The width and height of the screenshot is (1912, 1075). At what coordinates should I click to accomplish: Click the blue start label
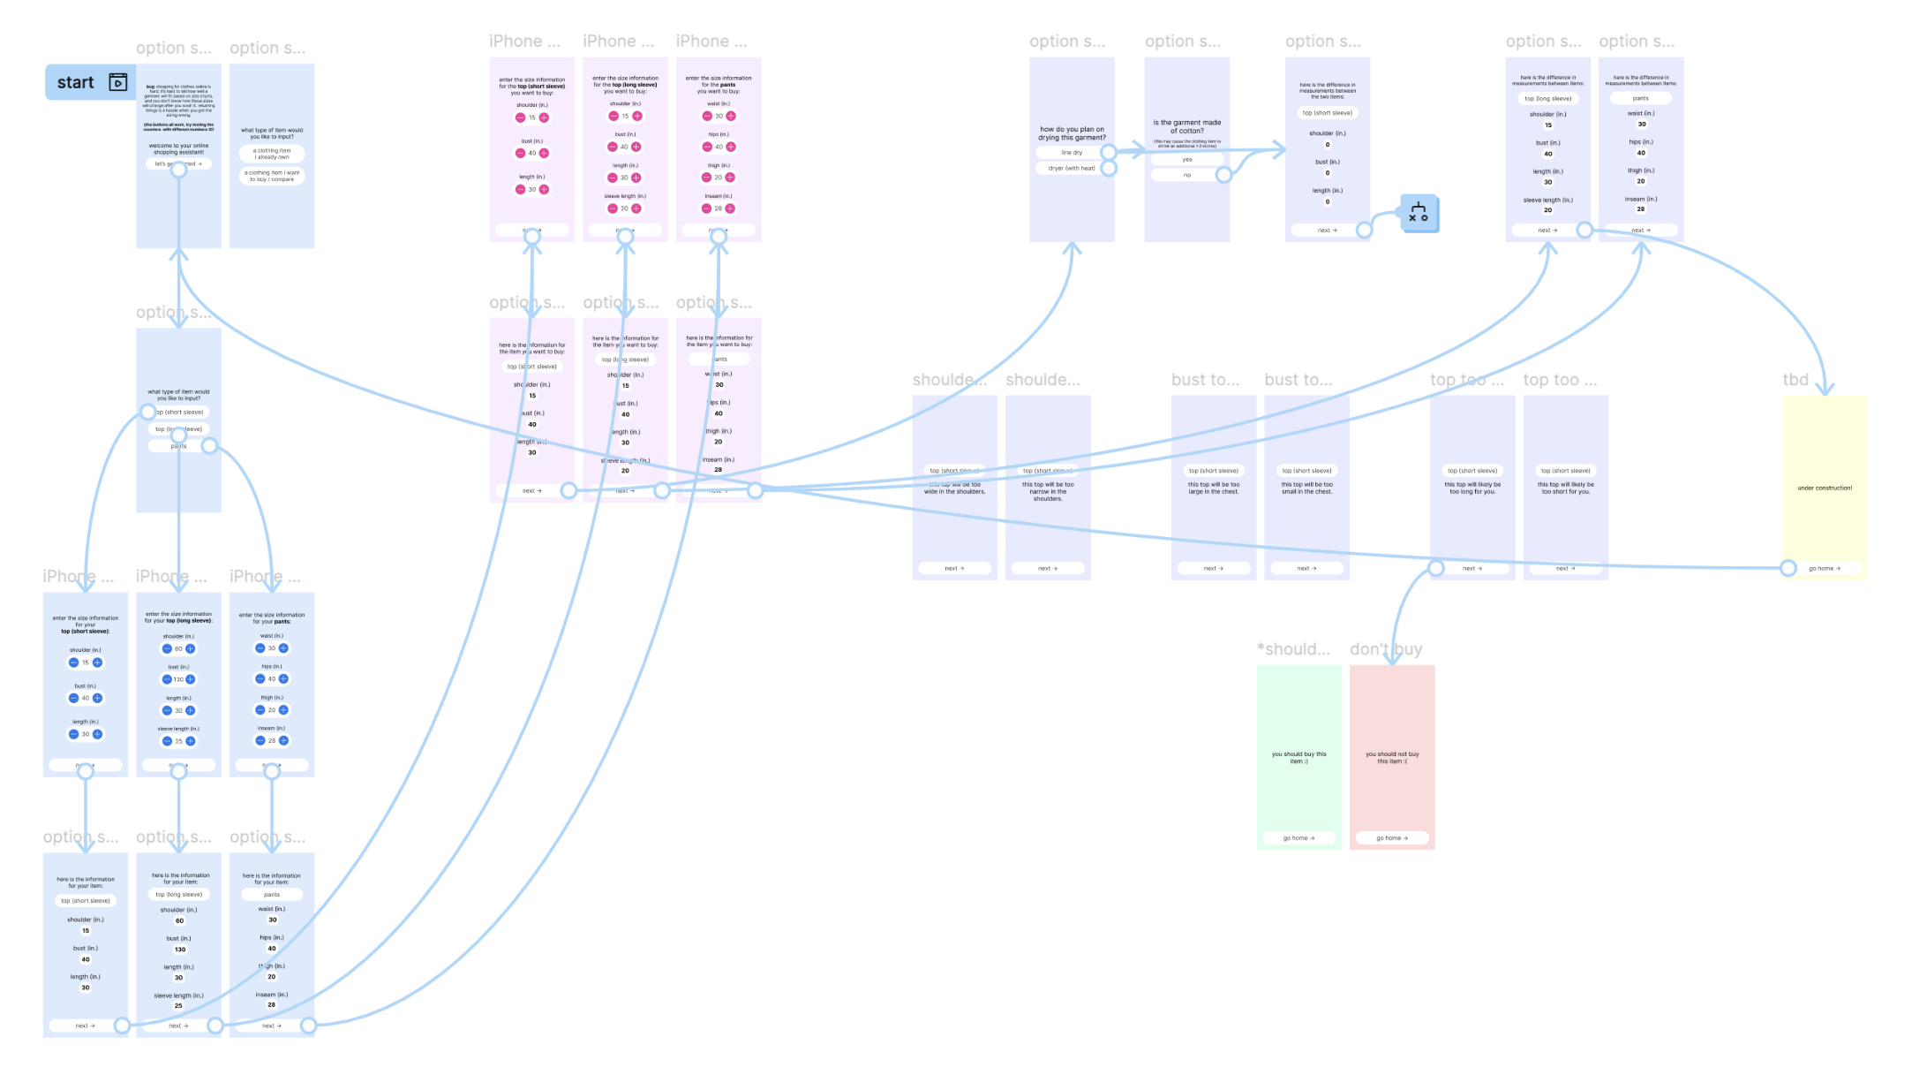coord(76,82)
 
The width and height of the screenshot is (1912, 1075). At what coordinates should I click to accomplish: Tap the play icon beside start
coord(118,82)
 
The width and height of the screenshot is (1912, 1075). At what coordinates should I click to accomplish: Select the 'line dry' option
coord(1071,153)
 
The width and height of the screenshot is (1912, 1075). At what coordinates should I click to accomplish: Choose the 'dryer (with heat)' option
coord(1071,168)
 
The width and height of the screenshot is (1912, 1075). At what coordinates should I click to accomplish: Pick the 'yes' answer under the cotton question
coord(1186,160)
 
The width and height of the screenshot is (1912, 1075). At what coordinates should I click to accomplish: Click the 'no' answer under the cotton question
coord(1186,175)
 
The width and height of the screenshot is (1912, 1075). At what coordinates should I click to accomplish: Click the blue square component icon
coord(1419,214)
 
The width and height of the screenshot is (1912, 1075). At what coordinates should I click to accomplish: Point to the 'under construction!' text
coord(1825,488)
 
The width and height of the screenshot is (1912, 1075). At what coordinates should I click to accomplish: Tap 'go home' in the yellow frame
coord(1824,568)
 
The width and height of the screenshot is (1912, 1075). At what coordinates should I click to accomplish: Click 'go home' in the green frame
coord(1299,837)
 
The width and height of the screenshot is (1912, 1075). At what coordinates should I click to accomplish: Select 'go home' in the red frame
coord(1392,837)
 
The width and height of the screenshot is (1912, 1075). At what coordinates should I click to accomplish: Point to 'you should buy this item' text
coord(1299,757)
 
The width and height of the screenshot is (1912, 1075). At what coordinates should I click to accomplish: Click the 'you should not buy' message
coord(1392,757)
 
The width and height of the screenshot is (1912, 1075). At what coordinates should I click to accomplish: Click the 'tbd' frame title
coord(1795,380)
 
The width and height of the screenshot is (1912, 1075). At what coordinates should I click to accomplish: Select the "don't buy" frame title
coord(1385,649)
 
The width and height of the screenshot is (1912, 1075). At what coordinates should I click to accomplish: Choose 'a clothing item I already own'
coord(272,154)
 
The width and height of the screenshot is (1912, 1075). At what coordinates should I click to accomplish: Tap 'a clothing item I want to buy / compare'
coord(272,176)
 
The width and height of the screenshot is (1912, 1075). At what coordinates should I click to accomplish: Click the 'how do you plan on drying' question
coord(1072,132)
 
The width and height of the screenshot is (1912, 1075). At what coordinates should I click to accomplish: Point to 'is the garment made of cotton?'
coord(1186,126)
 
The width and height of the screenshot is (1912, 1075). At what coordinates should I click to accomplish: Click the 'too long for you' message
coord(1472,488)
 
